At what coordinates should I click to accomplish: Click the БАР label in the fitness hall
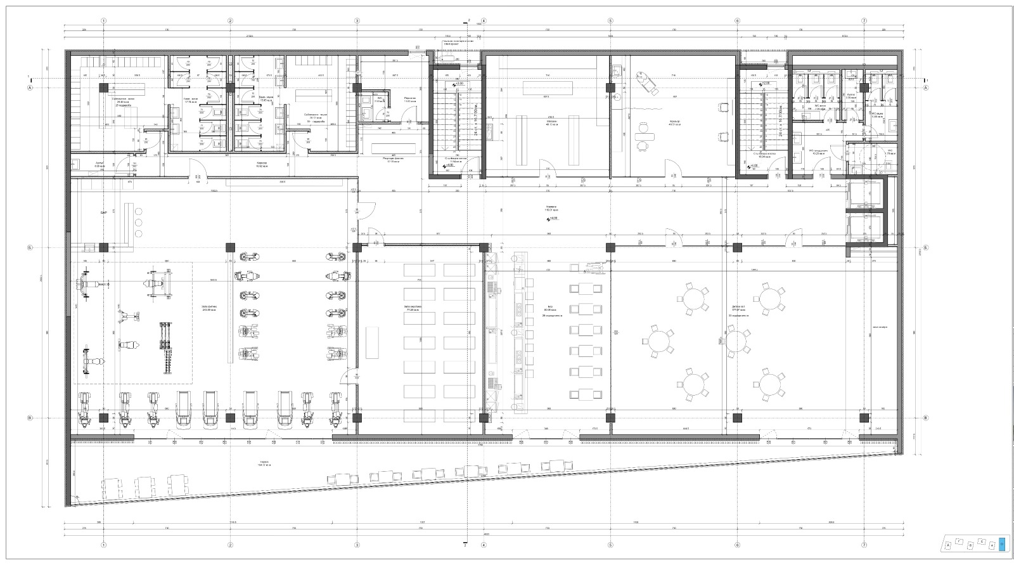103,214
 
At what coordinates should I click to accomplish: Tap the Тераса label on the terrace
264,464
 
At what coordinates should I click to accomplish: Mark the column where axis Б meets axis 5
610,247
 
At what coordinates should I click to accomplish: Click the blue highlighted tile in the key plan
1001,543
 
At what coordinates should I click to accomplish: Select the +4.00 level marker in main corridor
554,219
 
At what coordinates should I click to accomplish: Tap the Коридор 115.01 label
551,209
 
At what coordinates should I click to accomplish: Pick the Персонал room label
410,100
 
